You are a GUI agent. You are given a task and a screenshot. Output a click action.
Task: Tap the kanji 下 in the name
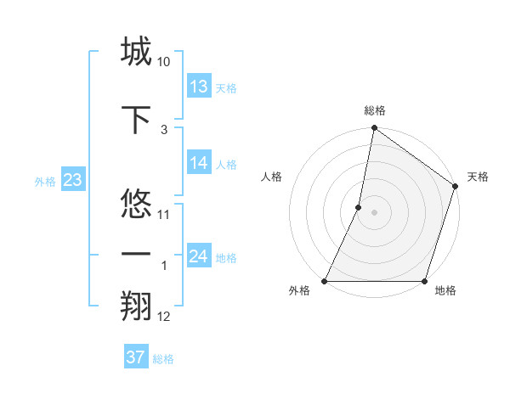pos(136,119)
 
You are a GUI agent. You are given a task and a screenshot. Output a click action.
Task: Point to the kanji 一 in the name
pos(136,256)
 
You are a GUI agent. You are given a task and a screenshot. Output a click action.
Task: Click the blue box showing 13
pos(199,86)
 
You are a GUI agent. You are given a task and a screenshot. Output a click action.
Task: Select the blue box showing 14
pos(199,164)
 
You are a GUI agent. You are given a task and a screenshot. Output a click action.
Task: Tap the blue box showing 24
pos(199,256)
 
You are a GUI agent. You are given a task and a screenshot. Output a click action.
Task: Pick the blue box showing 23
pos(72,180)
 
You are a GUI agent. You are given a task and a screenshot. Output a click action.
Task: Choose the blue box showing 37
pos(136,357)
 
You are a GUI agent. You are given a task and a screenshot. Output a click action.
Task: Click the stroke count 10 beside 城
pos(164,63)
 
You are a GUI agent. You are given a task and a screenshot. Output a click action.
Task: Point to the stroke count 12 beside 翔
pos(164,317)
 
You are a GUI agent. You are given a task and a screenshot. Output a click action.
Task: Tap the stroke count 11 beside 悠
pos(164,214)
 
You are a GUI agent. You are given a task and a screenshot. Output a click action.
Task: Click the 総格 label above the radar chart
pos(375,110)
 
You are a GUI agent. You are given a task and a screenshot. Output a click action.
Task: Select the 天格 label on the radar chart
pos(478,177)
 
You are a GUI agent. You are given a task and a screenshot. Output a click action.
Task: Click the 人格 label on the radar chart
pos(272,177)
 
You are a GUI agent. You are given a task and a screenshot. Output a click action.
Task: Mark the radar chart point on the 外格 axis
pos(325,281)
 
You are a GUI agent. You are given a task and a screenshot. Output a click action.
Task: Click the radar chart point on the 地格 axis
pos(425,281)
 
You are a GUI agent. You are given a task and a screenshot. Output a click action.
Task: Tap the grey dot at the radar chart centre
pos(375,212)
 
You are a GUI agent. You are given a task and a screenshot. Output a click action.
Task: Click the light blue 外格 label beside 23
pos(45,181)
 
